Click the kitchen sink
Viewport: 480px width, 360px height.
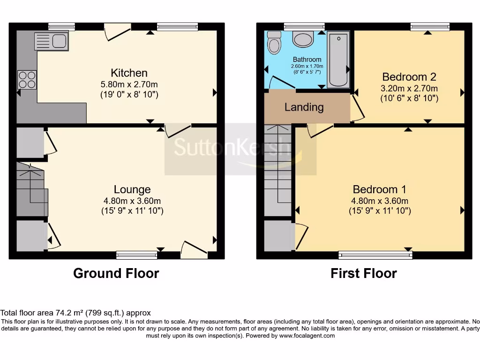coord(52,41)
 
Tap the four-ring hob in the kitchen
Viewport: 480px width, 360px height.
coord(27,80)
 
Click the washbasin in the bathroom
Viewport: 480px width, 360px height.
coord(303,39)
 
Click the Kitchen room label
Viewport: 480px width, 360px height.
coord(129,73)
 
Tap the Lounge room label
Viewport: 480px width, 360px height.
coord(132,189)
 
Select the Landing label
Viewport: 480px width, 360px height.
coord(304,107)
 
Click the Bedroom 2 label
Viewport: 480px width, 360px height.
coord(409,76)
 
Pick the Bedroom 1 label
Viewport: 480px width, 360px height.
coord(380,189)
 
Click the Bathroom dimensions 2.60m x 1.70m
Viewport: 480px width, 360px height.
coord(307,66)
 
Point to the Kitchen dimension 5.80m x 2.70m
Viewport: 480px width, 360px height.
coord(129,84)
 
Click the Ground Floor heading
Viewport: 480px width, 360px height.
coord(116,273)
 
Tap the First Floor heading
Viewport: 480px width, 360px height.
coord(364,273)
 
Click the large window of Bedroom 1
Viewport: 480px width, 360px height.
coord(375,255)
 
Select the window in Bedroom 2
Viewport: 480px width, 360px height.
coord(430,27)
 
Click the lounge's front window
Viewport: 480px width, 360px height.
coord(136,255)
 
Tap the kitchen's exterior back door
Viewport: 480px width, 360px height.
coord(118,31)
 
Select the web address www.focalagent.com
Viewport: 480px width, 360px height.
coord(307,336)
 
